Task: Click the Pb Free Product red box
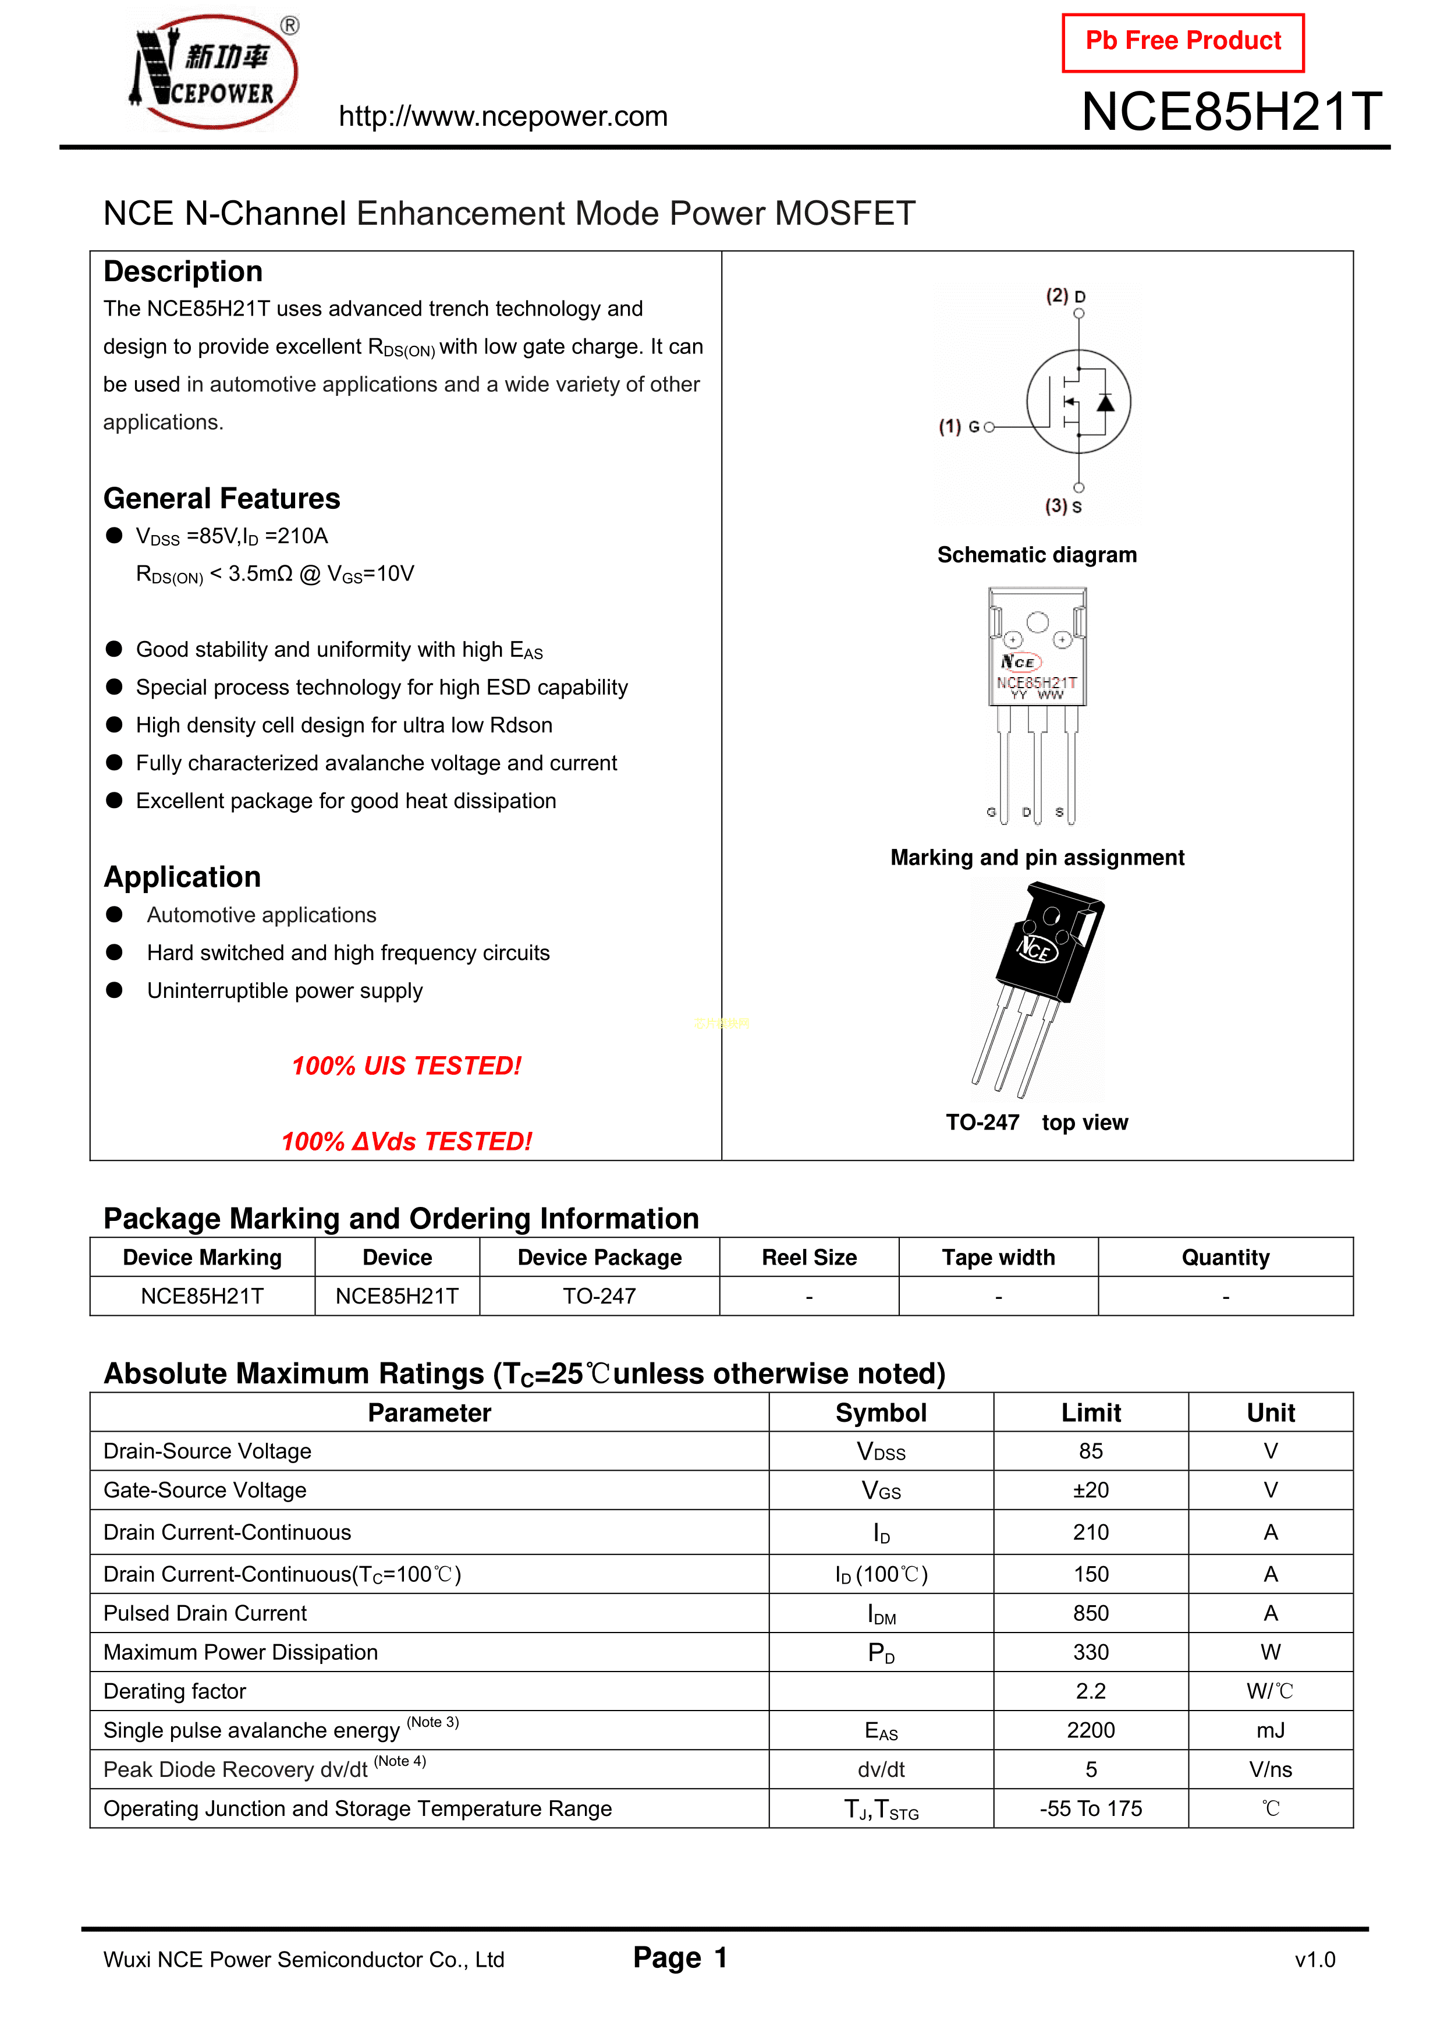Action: [1183, 42]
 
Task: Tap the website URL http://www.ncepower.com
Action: [503, 116]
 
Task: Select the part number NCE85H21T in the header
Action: [1232, 112]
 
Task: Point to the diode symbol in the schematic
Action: [1105, 403]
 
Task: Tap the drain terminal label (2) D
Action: [1065, 296]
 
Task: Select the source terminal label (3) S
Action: [1063, 507]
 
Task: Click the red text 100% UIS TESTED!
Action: [407, 1066]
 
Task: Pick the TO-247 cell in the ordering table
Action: [599, 1297]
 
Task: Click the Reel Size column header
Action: [809, 1258]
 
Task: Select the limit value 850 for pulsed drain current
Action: [1091, 1613]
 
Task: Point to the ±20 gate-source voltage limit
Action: [1091, 1490]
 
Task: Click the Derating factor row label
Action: [175, 1691]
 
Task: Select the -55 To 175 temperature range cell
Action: [1091, 1809]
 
